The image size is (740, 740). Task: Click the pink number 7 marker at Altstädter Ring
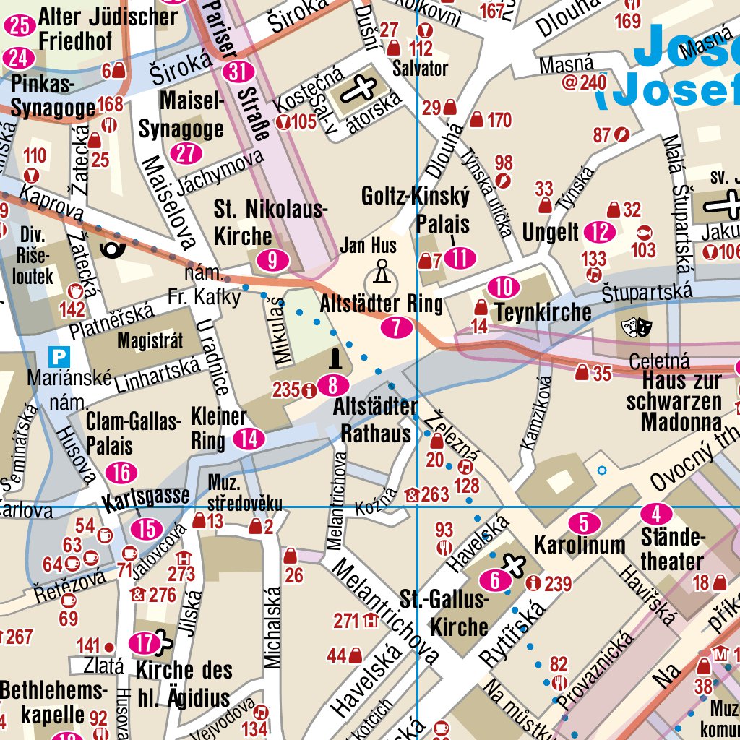click(397, 327)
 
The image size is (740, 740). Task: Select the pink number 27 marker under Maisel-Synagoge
click(187, 153)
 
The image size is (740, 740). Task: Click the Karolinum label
click(579, 545)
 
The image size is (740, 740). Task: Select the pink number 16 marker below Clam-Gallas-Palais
click(121, 473)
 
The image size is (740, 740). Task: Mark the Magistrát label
click(150, 341)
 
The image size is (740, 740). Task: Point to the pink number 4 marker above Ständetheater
click(656, 515)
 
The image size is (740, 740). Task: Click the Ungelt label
click(551, 232)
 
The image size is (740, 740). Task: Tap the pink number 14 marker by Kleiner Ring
click(249, 439)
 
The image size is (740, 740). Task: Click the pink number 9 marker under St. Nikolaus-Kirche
click(272, 260)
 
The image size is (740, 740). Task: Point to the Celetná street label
click(659, 361)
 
